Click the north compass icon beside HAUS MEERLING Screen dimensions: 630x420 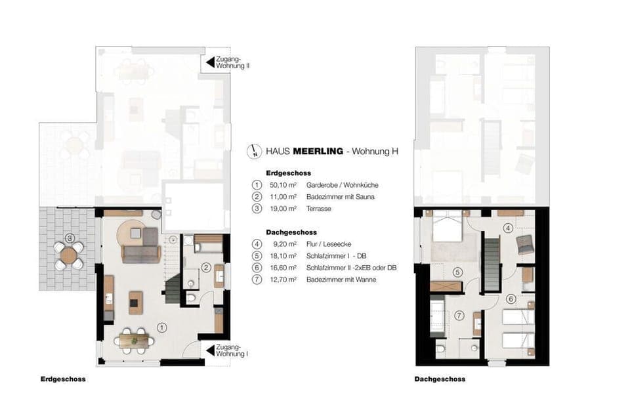coord(254,151)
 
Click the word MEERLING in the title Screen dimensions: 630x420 coord(318,152)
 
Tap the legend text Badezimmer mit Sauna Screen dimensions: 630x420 coord(341,197)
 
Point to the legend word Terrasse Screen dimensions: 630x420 coord(319,209)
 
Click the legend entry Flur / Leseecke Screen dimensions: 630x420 coord(329,244)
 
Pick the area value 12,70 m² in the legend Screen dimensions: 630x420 coord(283,280)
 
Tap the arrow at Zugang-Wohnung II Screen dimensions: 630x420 coord(210,62)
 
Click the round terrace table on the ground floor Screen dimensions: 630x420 coord(69,255)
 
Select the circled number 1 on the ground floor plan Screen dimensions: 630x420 coord(161,328)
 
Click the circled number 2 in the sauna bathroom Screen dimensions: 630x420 coord(205,268)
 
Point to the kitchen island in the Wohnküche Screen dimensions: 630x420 coord(135,303)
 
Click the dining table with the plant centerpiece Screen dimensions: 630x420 coord(134,341)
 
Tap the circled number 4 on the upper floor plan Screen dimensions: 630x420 coord(508,228)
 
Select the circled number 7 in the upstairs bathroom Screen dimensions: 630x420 coord(459,316)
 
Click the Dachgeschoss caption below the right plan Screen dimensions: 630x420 coord(440,379)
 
